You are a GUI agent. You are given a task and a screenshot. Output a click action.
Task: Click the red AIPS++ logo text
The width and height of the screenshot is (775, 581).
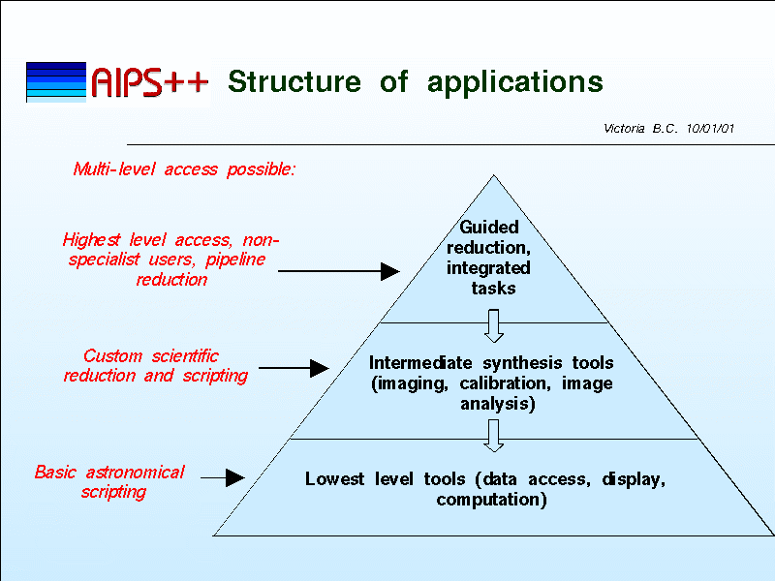[150, 81]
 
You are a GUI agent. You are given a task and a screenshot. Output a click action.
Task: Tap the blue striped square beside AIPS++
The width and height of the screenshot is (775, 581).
[56, 82]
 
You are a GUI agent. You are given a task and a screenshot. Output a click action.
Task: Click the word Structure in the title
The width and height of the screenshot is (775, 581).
[294, 81]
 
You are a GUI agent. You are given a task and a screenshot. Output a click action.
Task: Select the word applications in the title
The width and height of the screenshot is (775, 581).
[515, 82]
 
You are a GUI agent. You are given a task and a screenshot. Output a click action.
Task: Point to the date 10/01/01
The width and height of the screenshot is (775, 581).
[710, 129]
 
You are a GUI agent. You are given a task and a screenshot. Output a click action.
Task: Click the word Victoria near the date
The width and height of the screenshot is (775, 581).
[624, 129]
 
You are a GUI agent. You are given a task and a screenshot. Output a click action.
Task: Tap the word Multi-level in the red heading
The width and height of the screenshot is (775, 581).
[114, 168]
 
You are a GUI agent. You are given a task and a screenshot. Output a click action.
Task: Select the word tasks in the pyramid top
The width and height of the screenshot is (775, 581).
[493, 288]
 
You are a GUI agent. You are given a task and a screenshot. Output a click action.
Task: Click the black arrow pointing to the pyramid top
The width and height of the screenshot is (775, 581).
[339, 271]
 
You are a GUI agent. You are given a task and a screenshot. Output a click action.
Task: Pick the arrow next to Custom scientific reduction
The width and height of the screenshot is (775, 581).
[294, 368]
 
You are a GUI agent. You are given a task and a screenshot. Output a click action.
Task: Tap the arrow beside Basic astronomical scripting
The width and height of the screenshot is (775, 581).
[223, 477]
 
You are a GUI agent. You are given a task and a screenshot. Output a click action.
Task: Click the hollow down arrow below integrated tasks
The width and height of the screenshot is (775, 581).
[494, 326]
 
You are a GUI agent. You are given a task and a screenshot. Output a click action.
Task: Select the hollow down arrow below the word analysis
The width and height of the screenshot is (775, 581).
[494, 436]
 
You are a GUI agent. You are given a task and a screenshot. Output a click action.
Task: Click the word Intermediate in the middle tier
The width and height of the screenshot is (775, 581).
[420, 362]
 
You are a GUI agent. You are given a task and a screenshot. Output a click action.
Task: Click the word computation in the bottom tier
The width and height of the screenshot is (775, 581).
[491, 500]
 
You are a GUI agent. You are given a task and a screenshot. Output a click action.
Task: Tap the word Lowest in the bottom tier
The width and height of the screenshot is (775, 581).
[334, 478]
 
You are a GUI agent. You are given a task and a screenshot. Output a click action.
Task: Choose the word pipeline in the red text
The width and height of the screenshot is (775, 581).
[235, 260]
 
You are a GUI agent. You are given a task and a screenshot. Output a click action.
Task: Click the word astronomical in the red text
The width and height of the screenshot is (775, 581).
[135, 473]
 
